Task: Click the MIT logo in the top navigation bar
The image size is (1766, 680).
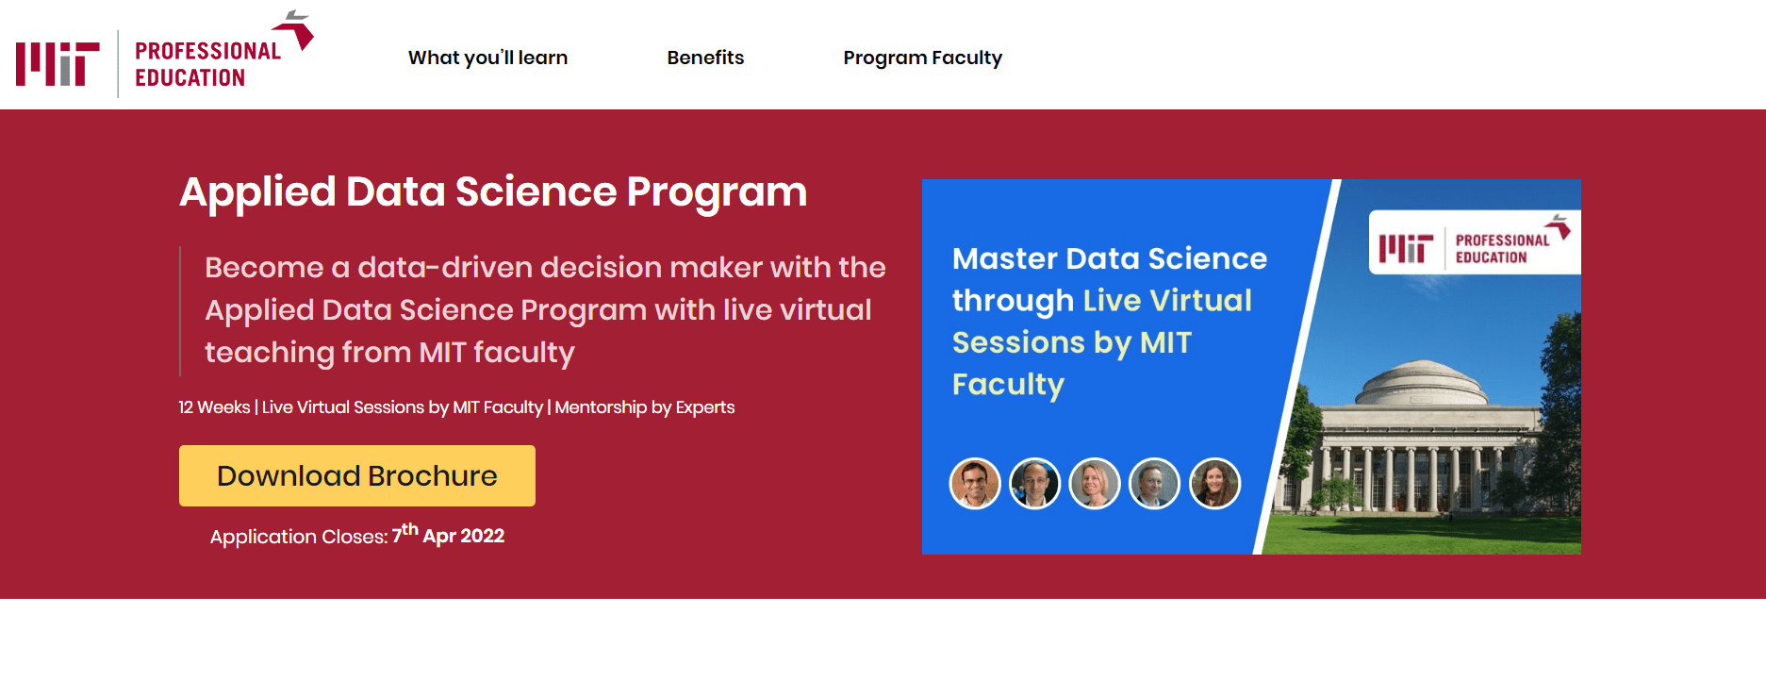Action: (58, 64)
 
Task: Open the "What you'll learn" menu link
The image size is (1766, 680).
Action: (487, 58)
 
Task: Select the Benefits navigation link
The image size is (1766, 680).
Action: (705, 58)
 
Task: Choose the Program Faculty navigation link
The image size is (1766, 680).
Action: (922, 58)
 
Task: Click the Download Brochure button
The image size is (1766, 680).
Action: (357, 475)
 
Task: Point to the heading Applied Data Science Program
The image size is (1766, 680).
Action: (493, 192)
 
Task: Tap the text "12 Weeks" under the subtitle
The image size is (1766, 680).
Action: (214, 407)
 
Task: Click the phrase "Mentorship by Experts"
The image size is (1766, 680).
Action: (645, 407)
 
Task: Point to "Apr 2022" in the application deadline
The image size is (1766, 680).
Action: (464, 537)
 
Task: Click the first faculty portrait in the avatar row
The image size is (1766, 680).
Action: (975, 484)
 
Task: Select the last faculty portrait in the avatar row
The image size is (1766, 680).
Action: (1215, 484)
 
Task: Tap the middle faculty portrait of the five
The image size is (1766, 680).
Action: (1095, 484)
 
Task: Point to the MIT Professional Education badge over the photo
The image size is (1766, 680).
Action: (1475, 242)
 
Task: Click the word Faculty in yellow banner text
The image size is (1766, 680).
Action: (1008, 385)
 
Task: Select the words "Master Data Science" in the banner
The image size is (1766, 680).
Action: (1110, 258)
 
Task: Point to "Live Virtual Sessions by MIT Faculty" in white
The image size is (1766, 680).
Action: (403, 407)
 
